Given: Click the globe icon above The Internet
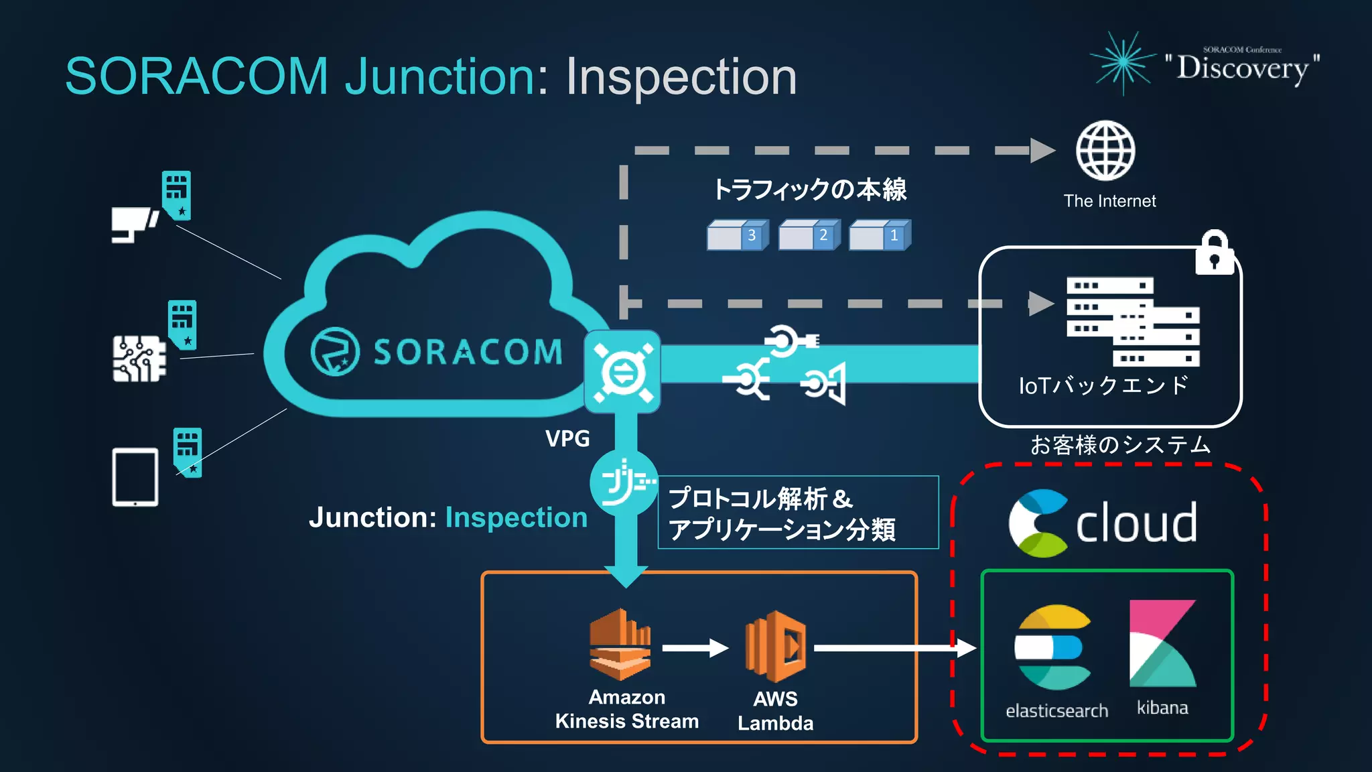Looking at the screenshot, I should [x=1105, y=151].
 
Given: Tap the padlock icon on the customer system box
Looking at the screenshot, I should [x=1215, y=253].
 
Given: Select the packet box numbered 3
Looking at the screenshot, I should [x=737, y=235].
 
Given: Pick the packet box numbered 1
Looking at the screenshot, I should [x=880, y=235].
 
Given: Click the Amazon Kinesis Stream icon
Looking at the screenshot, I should [x=620, y=645].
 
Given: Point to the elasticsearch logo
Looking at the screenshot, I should [x=1053, y=647].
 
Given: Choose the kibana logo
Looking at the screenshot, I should [x=1162, y=643].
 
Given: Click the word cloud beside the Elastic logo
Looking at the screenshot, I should [x=1136, y=523].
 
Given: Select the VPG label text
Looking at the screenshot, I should [x=567, y=439].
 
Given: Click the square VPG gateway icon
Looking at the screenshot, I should [x=622, y=371].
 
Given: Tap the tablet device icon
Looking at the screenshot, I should [x=135, y=477].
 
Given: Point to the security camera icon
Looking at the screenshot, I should [x=134, y=224].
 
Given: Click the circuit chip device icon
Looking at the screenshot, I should [x=139, y=359].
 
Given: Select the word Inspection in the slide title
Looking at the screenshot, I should [x=681, y=76].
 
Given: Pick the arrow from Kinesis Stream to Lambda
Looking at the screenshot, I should [x=695, y=648].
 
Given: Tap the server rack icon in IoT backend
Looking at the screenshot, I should [x=1132, y=321].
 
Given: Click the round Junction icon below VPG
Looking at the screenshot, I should [x=624, y=482].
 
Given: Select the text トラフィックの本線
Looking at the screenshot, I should [x=809, y=190].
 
